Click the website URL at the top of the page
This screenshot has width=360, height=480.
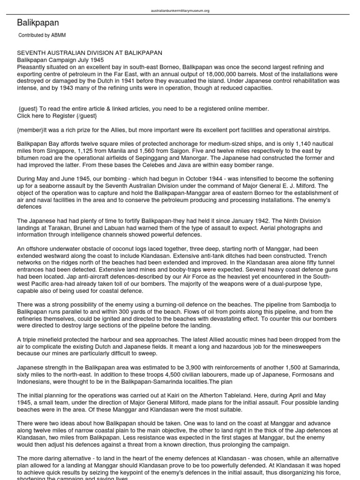click(180, 10)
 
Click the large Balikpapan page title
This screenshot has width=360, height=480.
click(38, 22)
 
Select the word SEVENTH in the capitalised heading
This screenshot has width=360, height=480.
click(31, 53)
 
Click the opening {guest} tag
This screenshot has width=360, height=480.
click(29, 109)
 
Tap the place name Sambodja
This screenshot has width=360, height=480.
click(316, 305)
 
